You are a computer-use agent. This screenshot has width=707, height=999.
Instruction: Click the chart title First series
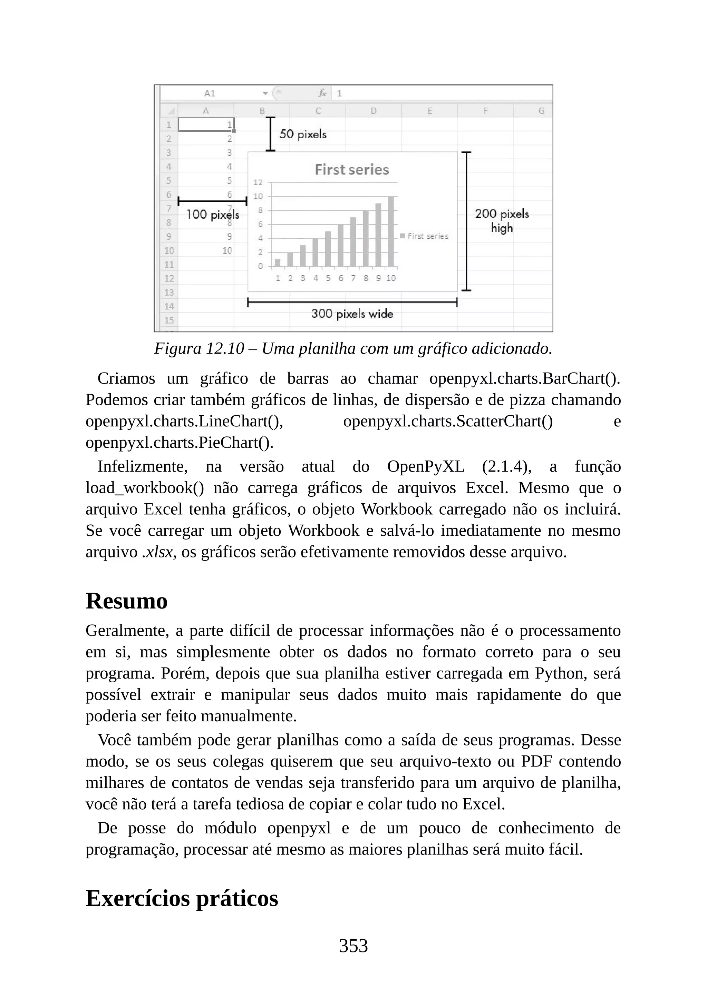352,170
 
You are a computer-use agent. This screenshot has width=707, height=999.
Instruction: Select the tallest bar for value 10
391,231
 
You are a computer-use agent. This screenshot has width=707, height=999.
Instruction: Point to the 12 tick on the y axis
258,182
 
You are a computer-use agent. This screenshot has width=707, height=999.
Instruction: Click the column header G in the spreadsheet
541,111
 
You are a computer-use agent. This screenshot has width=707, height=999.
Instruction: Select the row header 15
169,320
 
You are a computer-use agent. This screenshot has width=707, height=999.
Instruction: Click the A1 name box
210,93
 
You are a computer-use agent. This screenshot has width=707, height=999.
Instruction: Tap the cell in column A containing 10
227,251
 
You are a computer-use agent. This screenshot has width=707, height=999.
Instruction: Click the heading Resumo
126,601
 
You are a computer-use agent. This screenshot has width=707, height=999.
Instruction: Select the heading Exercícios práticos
182,899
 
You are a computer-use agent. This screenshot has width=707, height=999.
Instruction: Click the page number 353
353,946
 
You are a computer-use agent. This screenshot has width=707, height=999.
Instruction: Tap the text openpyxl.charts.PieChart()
180,443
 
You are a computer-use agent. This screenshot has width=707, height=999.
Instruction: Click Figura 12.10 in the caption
199,348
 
